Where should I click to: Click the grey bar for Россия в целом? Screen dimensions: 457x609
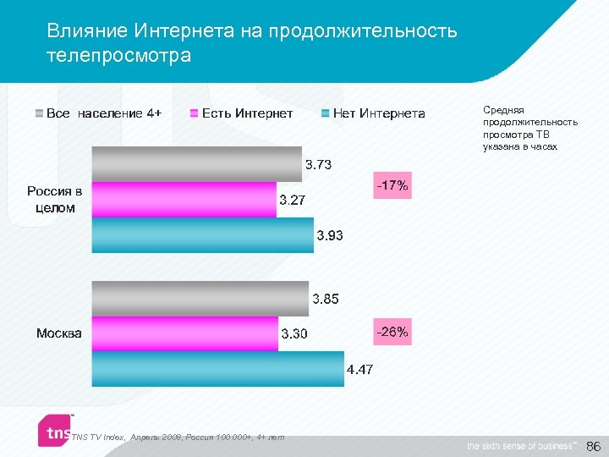pos(196,163)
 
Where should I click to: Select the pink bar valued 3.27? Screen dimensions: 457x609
pos(184,200)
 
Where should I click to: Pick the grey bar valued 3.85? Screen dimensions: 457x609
pos(200,299)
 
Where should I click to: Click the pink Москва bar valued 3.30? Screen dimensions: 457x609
pos(184,333)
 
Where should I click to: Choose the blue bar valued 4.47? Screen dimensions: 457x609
pos(217,369)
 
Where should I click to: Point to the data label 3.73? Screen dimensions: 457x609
pos(318,164)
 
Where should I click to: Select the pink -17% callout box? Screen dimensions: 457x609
pos(392,185)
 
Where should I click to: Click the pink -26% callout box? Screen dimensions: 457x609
pos(392,333)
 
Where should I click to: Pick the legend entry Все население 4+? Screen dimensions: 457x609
pos(97,113)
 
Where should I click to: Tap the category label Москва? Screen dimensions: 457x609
pos(59,333)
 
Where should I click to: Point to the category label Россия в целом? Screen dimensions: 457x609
pos(55,200)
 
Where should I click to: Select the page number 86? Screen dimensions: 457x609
pos(593,445)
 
